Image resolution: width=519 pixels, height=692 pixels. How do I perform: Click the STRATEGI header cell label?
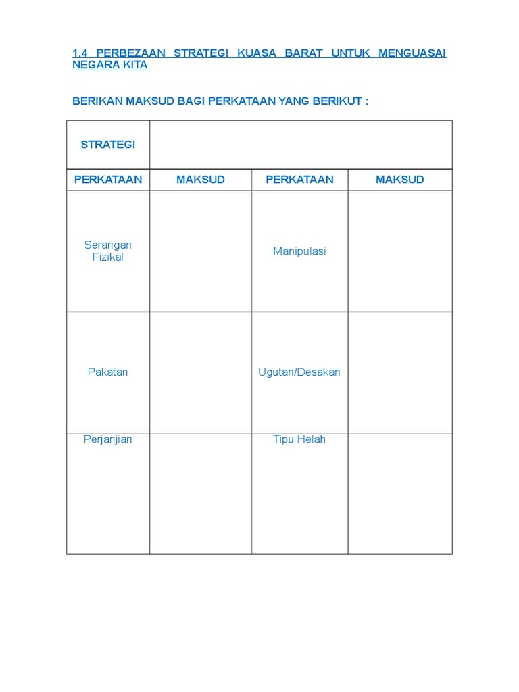(108, 145)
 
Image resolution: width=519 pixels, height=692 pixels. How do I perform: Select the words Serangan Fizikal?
(108, 251)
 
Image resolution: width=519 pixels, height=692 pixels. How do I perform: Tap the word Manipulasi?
(299, 251)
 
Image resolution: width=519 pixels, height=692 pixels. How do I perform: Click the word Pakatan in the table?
(108, 372)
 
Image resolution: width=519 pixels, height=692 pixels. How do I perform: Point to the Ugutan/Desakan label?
(299, 372)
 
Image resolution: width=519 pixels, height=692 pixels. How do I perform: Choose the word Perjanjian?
(108, 439)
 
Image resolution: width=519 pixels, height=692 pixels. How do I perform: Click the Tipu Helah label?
(299, 439)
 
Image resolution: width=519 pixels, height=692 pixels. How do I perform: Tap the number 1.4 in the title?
(80, 53)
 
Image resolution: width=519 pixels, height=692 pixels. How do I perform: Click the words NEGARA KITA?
(110, 66)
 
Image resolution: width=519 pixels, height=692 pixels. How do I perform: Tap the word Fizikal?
(108, 257)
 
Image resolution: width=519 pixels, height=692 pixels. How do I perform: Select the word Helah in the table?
(312, 439)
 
